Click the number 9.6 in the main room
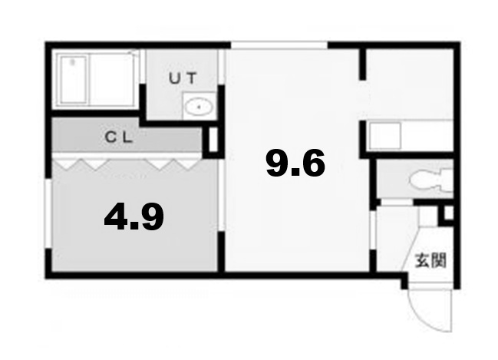(x=295, y=163)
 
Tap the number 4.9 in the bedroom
(x=134, y=218)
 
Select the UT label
(x=183, y=77)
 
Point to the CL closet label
(x=120, y=138)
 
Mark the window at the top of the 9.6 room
(x=280, y=45)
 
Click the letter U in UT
(x=174, y=77)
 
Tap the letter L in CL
(x=130, y=138)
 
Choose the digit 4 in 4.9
(x=117, y=218)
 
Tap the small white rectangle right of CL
(x=213, y=140)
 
